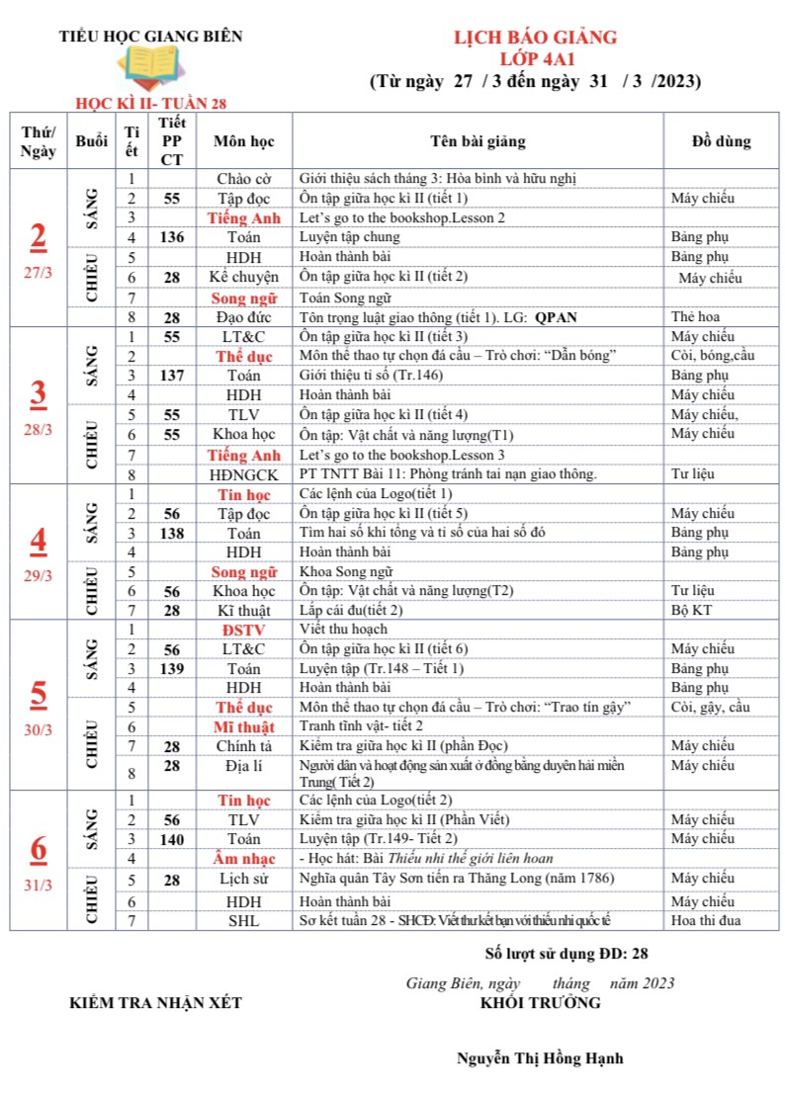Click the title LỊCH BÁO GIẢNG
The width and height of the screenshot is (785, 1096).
tap(535, 38)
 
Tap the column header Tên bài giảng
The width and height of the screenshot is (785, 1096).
tap(479, 141)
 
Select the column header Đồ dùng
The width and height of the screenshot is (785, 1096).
tap(721, 141)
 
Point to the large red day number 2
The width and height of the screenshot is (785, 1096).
tap(38, 237)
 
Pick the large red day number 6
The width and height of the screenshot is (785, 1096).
tap(38, 849)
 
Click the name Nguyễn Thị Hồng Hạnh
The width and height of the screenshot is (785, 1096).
tap(540, 1058)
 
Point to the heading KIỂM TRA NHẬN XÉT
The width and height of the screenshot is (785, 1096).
tap(155, 1003)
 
